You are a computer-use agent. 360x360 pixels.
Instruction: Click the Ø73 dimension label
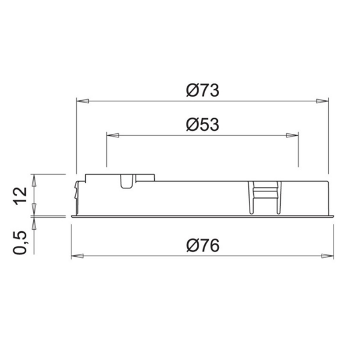tap(203, 90)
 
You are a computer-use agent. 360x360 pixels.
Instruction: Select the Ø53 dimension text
tap(203, 125)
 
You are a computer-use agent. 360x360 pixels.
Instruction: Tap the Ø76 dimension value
tap(203, 245)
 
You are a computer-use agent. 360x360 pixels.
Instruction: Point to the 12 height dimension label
tap(20, 196)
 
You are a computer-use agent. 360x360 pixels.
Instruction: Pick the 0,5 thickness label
tap(20, 242)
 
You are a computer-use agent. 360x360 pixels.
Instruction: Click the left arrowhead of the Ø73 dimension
tap(82, 101)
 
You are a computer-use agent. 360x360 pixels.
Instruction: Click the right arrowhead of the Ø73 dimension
tap(322, 101)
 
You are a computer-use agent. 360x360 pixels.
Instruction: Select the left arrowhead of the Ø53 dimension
tap(113, 135)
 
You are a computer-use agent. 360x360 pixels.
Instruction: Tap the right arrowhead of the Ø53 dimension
tap(292, 135)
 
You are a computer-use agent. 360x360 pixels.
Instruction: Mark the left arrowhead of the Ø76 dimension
tap(77, 256)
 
